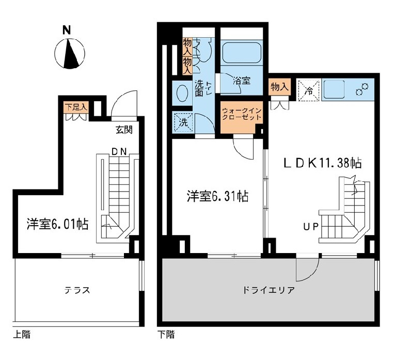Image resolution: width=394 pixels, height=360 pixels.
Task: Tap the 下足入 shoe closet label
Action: [76, 107]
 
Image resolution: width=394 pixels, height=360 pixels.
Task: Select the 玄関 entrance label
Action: [124, 130]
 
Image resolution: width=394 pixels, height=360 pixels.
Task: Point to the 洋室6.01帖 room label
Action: [57, 224]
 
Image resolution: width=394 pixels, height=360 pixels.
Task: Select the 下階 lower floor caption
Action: [166, 334]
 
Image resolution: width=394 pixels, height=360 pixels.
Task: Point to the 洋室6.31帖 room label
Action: [217, 196]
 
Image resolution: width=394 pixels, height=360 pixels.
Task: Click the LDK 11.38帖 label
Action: [321, 163]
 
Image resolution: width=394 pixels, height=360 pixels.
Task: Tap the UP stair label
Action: [311, 226]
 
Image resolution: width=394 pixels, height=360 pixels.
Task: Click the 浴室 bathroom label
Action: [241, 81]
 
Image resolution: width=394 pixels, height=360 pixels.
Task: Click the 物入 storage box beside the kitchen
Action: [279, 87]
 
